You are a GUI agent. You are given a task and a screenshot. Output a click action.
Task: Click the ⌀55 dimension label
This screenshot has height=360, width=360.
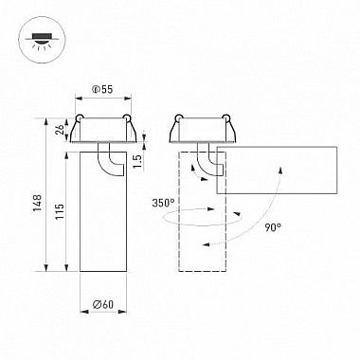coord(102,90)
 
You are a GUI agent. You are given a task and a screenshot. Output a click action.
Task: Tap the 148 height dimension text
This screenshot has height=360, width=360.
coord(38,203)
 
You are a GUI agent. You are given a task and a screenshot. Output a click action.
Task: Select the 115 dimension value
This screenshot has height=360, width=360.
coord(59,211)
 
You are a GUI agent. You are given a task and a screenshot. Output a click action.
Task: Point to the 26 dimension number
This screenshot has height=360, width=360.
coord(60,129)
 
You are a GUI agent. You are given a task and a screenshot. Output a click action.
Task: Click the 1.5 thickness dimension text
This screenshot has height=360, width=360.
coord(137,160)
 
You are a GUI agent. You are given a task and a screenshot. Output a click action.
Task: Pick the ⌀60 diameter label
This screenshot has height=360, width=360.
coord(103,304)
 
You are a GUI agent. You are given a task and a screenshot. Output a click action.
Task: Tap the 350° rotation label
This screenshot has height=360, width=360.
coord(163,203)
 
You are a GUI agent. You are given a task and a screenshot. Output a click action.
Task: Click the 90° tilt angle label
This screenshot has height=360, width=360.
coord(273,227)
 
